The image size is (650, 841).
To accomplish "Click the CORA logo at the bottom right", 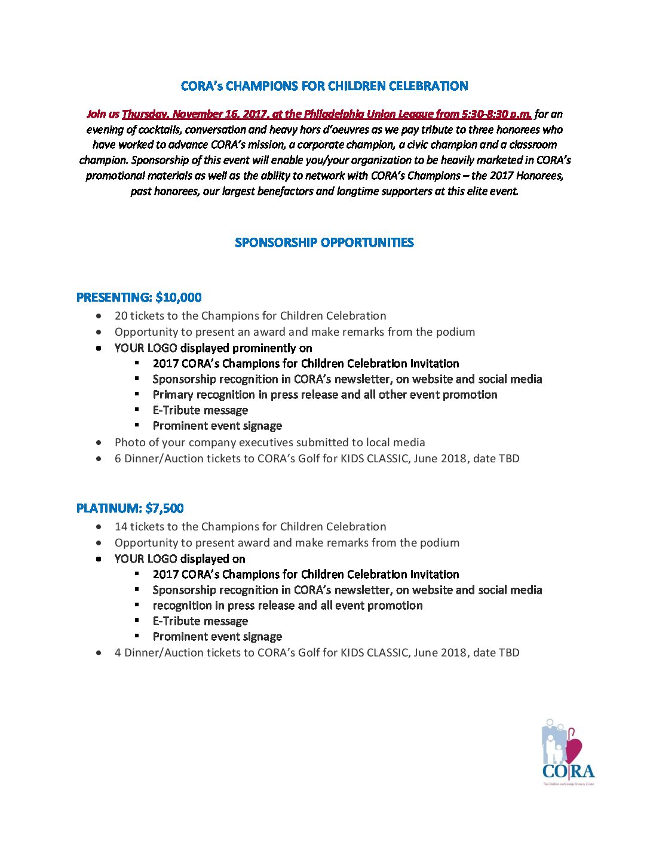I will click(x=568, y=752).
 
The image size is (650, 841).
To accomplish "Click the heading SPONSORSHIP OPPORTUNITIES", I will click(x=324, y=243).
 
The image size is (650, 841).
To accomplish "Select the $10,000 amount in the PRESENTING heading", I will click(x=179, y=297).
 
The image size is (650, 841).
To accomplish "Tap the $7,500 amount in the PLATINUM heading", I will click(x=164, y=508).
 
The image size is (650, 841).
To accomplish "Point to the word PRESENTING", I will click(x=114, y=297).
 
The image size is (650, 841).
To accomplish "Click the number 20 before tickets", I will click(x=121, y=316).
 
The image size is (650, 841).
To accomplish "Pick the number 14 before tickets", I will click(x=121, y=527).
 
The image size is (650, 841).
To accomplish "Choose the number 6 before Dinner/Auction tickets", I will click(x=118, y=459).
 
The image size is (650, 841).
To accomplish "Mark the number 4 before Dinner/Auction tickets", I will click(x=118, y=653).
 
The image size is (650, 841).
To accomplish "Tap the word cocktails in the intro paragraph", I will click(x=160, y=130).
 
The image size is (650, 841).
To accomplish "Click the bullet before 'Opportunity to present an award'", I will click(x=99, y=332).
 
